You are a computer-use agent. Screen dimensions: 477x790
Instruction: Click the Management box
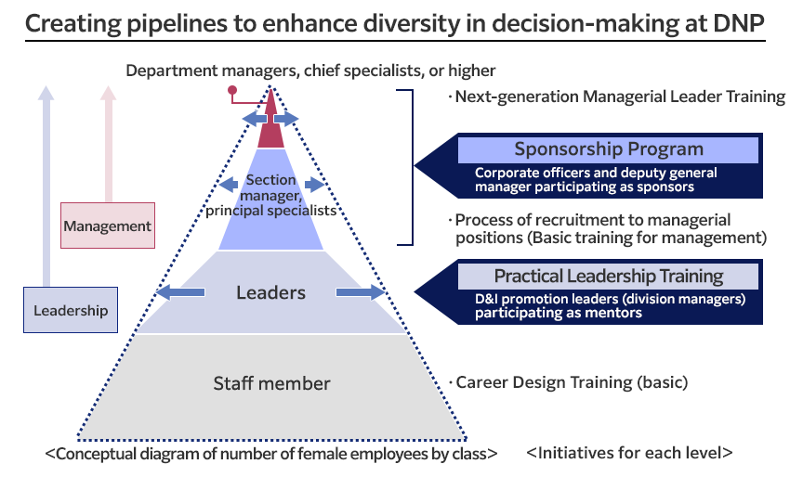[107, 226]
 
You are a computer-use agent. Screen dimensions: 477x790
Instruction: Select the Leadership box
[71, 310]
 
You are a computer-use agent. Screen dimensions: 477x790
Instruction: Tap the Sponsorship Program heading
[609, 149]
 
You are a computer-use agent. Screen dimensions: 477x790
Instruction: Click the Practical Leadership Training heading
[609, 276]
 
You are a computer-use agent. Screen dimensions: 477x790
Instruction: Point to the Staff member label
[271, 383]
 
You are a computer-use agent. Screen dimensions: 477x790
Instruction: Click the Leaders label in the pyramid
[270, 293]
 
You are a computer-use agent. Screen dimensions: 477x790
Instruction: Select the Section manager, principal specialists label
[270, 195]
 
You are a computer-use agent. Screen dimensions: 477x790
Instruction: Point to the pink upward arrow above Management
[108, 144]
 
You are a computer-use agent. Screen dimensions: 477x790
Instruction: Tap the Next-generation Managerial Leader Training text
[618, 97]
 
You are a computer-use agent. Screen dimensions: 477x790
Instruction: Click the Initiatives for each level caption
[629, 454]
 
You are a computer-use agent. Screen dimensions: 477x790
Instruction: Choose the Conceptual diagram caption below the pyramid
[270, 454]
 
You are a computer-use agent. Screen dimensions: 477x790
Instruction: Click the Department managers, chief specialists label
[310, 71]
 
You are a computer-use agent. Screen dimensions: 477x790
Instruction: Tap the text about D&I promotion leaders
[609, 306]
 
